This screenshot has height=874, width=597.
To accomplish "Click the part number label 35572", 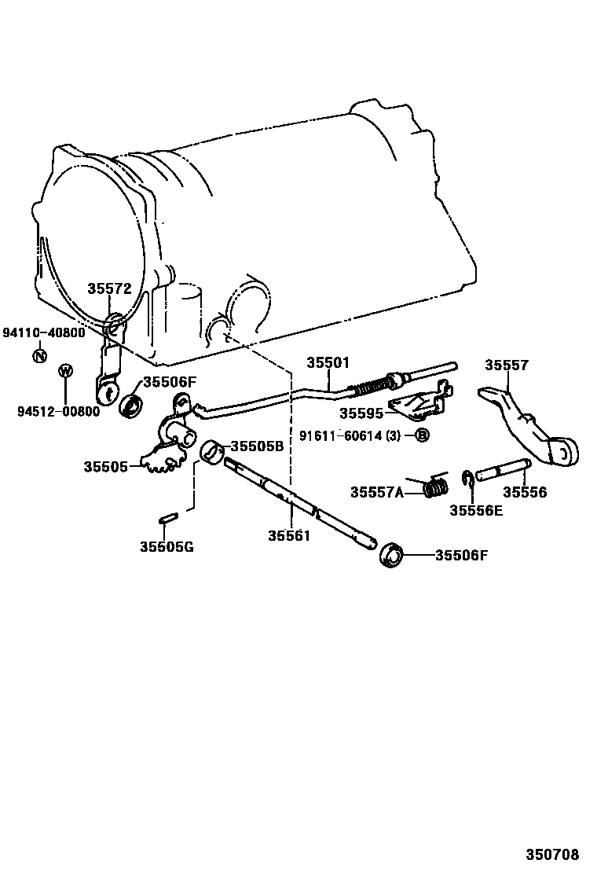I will (x=108, y=288).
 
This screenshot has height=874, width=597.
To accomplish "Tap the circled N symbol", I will (x=39, y=355).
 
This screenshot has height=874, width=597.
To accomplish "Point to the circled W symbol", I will (x=66, y=372).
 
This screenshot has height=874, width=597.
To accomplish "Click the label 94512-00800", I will (x=58, y=411).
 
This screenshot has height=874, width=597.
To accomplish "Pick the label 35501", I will (x=328, y=363).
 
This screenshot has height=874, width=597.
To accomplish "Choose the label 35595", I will (x=361, y=413).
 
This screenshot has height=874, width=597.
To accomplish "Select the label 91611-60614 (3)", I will (x=355, y=435).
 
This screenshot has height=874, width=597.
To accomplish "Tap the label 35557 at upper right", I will (x=507, y=365).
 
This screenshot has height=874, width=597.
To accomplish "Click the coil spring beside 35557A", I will (x=435, y=488).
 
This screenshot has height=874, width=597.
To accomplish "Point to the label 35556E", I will (x=476, y=510).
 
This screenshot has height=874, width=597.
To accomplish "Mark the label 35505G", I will (x=167, y=546).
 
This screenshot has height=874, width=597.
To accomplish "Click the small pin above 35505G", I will (x=168, y=518).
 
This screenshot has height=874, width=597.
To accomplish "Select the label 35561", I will (x=290, y=536).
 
